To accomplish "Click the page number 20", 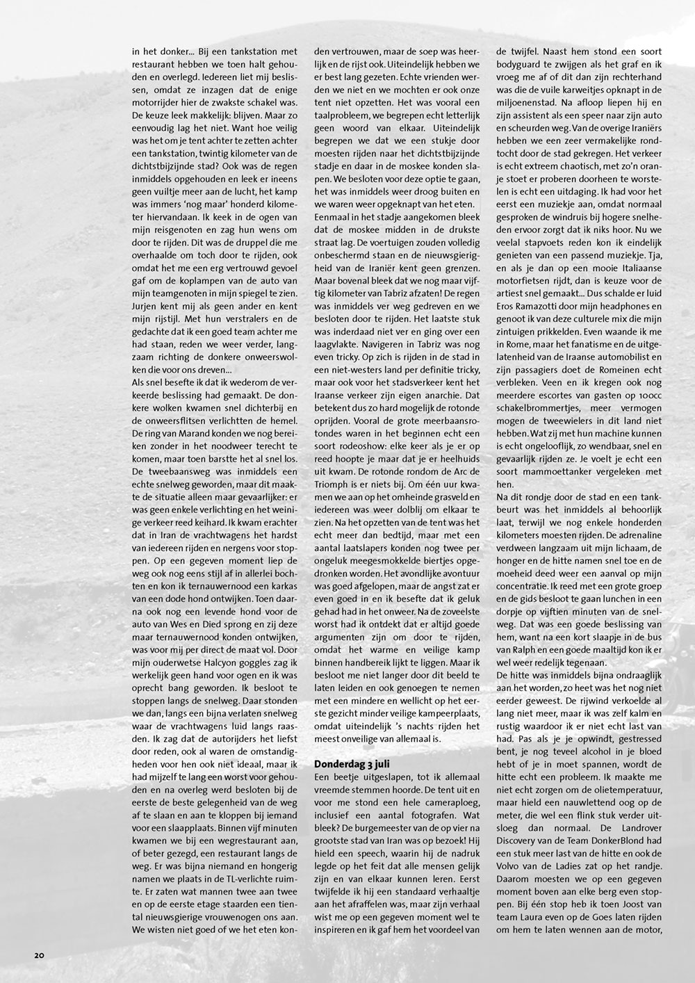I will (x=39, y=954).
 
